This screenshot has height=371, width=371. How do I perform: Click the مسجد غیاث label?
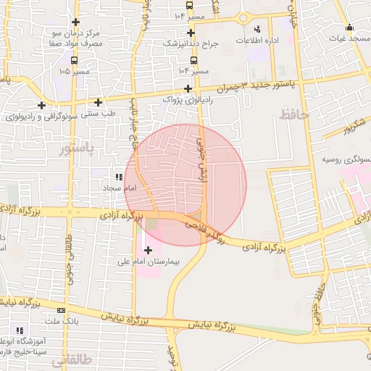pos(349,37)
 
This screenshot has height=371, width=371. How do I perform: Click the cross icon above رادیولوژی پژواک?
pos(188,88)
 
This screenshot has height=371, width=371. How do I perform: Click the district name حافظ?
pos(293,114)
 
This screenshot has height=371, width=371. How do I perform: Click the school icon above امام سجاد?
pos(117,177)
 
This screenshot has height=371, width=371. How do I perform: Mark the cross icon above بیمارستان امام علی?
pos(149,251)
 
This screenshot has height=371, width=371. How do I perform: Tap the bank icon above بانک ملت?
pos(61,310)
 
